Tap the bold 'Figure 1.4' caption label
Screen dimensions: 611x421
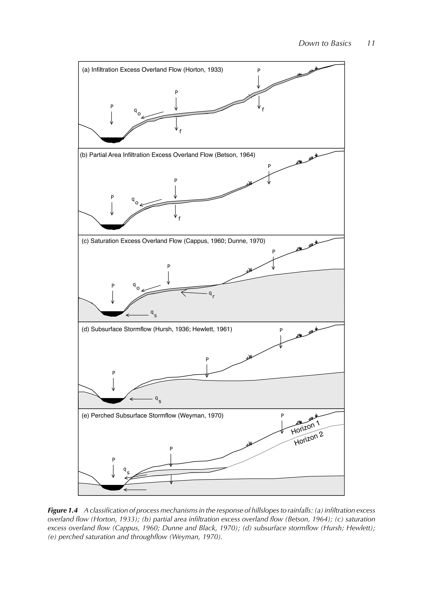click(63, 510)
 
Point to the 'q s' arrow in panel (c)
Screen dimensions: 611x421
click(137, 315)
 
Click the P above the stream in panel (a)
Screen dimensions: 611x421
click(112, 107)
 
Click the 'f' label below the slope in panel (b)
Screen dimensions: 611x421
click(179, 219)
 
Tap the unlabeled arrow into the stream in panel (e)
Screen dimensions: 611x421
click(135, 490)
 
